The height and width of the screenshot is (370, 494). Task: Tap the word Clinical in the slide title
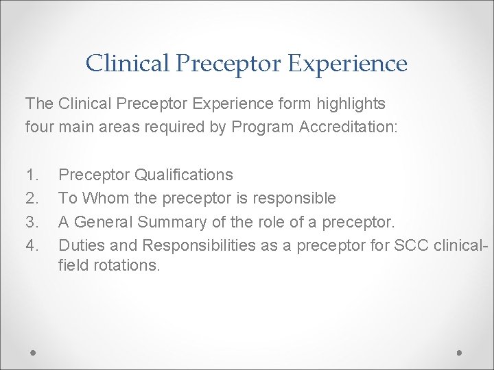[127, 64]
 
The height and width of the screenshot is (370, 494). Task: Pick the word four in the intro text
[39, 127]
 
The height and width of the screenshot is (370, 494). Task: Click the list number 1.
[32, 175]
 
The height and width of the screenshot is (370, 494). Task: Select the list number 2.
[32, 198]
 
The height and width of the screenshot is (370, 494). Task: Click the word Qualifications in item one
[183, 175]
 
